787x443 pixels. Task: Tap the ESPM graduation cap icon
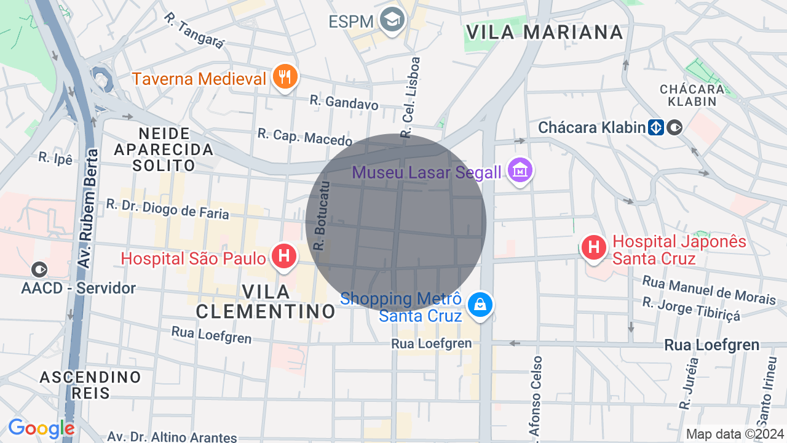click(x=392, y=20)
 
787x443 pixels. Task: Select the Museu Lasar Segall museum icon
click(x=520, y=170)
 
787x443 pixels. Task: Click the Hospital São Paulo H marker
click(x=284, y=256)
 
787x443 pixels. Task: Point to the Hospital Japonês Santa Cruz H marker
click(x=594, y=247)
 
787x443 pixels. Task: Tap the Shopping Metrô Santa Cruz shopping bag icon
click(x=480, y=304)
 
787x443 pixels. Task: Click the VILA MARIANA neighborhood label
click(x=544, y=32)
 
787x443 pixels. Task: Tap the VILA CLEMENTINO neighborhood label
click(x=266, y=301)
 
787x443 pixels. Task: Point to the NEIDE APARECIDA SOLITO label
click(x=164, y=149)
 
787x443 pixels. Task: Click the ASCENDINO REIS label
click(x=90, y=385)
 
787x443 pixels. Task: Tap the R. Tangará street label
click(x=195, y=30)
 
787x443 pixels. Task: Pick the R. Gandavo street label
click(x=344, y=102)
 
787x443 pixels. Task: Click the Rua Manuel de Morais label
click(x=708, y=289)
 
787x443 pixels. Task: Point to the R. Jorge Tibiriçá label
click(x=691, y=309)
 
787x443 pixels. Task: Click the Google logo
click(x=41, y=428)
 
